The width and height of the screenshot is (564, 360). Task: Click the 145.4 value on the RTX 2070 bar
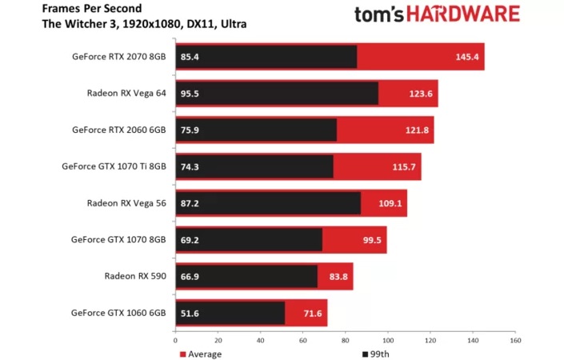pyautogui.click(x=466, y=58)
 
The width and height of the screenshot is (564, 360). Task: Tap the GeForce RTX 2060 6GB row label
pyautogui.click(x=118, y=130)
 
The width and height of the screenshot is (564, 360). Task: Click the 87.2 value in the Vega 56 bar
pyautogui.click(x=191, y=203)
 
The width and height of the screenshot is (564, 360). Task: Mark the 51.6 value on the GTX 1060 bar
pyautogui.click(x=190, y=313)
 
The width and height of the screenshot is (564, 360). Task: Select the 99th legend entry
pyautogui.click(x=374, y=354)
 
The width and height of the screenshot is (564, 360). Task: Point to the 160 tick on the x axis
pyautogui.click(x=516, y=340)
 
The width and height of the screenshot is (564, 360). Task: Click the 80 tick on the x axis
pyautogui.click(x=346, y=340)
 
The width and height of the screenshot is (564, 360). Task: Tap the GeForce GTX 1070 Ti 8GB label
pyautogui.click(x=114, y=166)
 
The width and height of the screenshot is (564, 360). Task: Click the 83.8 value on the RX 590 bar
pyautogui.click(x=336, y=276)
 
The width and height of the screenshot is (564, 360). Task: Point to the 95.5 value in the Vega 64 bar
pyautogui.click(x=190, y=94)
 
